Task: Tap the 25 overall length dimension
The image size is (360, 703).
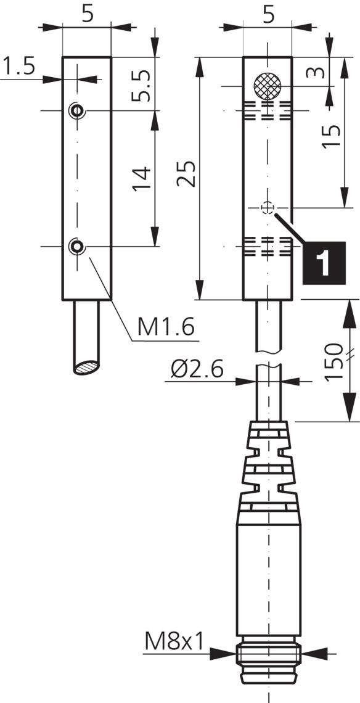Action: click(187, 174)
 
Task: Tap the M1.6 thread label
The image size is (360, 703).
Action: click(165, 327)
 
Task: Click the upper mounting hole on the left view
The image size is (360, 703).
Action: click(76, 110)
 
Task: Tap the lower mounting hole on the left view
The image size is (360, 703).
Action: click(76, 247)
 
